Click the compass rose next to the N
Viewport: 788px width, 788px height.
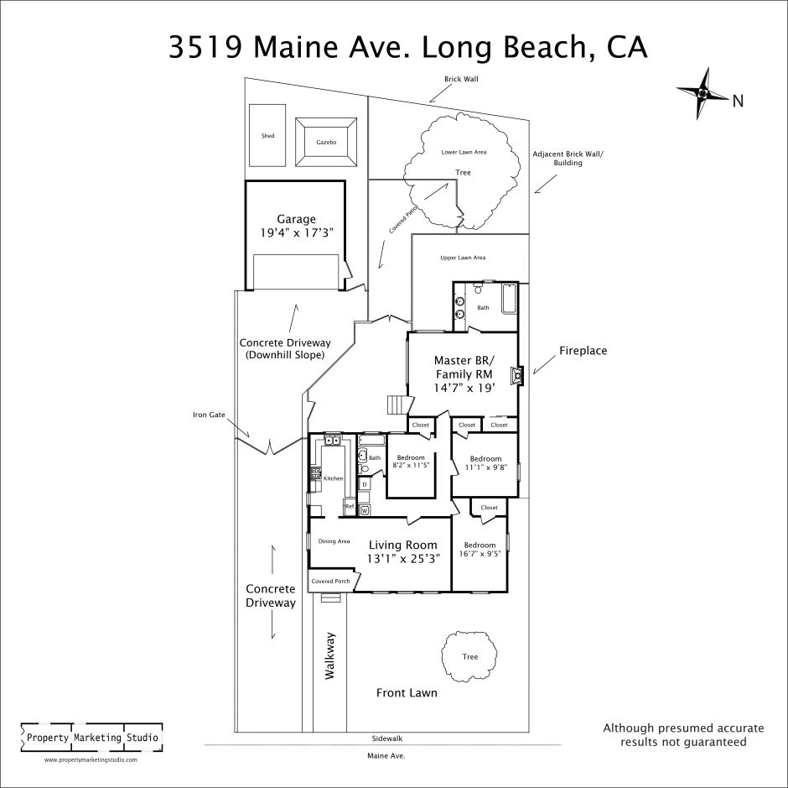(x=702, y=94)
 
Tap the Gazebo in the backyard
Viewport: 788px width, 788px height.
(x=326, y=142)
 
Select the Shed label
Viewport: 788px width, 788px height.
(x=268, y=136)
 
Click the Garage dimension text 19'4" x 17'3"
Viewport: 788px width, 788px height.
(x=297, y=233)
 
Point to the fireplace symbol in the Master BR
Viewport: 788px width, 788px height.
(x=516, y=376)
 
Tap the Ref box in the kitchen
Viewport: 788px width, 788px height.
(x=350, y=507)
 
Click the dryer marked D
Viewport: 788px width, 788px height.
(x=365, y=484)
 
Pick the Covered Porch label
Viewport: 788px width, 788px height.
(x=330, y=582)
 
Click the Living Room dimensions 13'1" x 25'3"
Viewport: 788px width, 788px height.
(x=403, y=558)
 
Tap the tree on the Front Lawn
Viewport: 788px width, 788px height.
(x=469, y=656)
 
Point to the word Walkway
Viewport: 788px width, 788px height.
(x=329, y=656)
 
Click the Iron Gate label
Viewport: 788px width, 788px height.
(x=209, y=415)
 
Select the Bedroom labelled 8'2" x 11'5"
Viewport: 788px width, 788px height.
(x=411, y=462)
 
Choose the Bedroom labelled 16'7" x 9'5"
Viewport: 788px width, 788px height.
(x=480, y=550)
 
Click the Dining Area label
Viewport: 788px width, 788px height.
(x=334, y=541)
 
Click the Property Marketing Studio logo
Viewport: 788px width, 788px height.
(x=92, y=738)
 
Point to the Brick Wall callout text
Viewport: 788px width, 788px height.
(x=461, y=79)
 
